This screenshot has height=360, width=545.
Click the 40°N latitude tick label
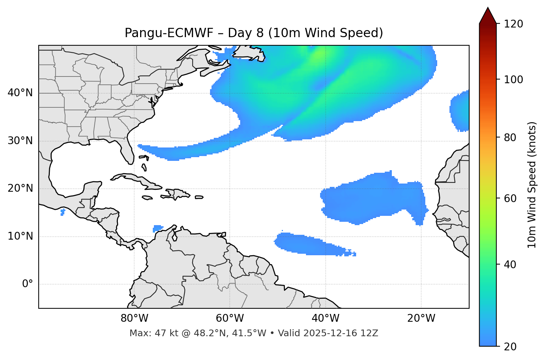tap(20, 93)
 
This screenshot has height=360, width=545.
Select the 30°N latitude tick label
tap(20, 141)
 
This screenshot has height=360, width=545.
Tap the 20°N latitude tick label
tap(20, 188)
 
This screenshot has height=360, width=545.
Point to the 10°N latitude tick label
tap(20, 236)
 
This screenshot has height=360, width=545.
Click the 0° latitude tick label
tap(28, 284)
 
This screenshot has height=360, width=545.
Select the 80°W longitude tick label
tap(134, 318)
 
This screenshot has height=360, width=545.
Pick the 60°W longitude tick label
tap(230, 318)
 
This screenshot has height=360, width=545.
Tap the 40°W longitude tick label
tap(325, 318)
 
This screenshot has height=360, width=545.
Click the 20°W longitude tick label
tap(421, 318)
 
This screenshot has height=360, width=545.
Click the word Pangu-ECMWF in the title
tap(169, 33)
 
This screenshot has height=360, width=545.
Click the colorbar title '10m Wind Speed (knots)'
tap(532, 185)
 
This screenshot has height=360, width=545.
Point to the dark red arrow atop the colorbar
tap(488, 16)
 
